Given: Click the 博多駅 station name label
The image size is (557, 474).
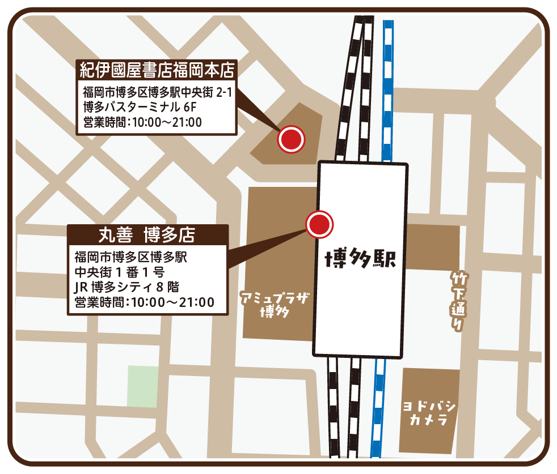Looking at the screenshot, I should click(360, 259).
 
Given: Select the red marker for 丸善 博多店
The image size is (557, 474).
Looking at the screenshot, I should click(319, 224).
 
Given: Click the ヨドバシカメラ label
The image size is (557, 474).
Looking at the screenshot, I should click(429, 414).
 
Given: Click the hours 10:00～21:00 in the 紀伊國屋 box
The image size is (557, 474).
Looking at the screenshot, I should click(167, 121).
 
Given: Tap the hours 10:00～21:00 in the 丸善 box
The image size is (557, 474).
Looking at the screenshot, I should click(172, 303).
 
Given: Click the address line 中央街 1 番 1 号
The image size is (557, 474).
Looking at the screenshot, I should click(120, 272).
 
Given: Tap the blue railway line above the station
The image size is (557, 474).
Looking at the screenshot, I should click(388, 91).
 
